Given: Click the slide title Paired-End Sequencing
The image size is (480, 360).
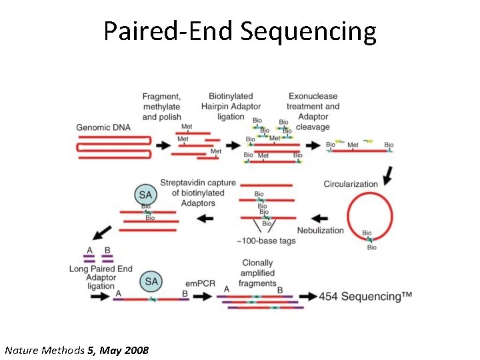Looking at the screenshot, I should tap(240, 31).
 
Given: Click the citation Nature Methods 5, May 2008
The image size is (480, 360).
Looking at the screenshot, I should tap(77, 350).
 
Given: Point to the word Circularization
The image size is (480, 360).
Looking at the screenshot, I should tap(351, 184).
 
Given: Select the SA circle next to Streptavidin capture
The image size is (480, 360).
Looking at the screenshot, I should tap(146, 195).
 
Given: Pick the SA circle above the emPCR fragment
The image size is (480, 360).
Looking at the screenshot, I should tap(151, 281).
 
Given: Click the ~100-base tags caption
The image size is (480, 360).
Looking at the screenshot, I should tap(266, 241).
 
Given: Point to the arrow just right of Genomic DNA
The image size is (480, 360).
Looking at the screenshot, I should tap(162, 145).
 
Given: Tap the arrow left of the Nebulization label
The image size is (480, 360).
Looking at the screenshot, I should tap(320, 218).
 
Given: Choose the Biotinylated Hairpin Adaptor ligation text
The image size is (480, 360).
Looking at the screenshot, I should tap(231, 107).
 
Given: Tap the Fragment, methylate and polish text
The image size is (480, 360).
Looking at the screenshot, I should tap(161, 107).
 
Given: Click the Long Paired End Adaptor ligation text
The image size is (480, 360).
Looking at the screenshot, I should tap(101, 277).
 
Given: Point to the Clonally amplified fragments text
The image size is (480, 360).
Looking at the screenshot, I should tap(257, 273).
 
